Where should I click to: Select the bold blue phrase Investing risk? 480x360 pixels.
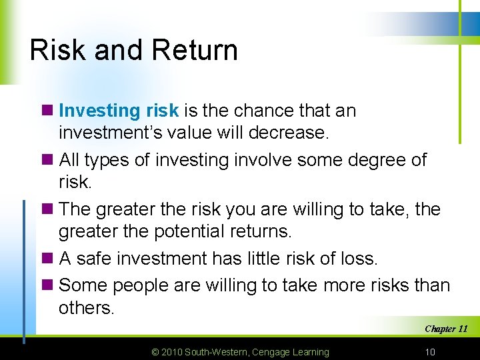tap(119, 111)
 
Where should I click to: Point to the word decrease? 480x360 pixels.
tap(288, 133)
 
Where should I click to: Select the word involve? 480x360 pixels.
tap(267, 160)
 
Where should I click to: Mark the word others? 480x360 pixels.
tap(87, 308)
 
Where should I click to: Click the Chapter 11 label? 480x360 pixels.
tap(446, 329)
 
